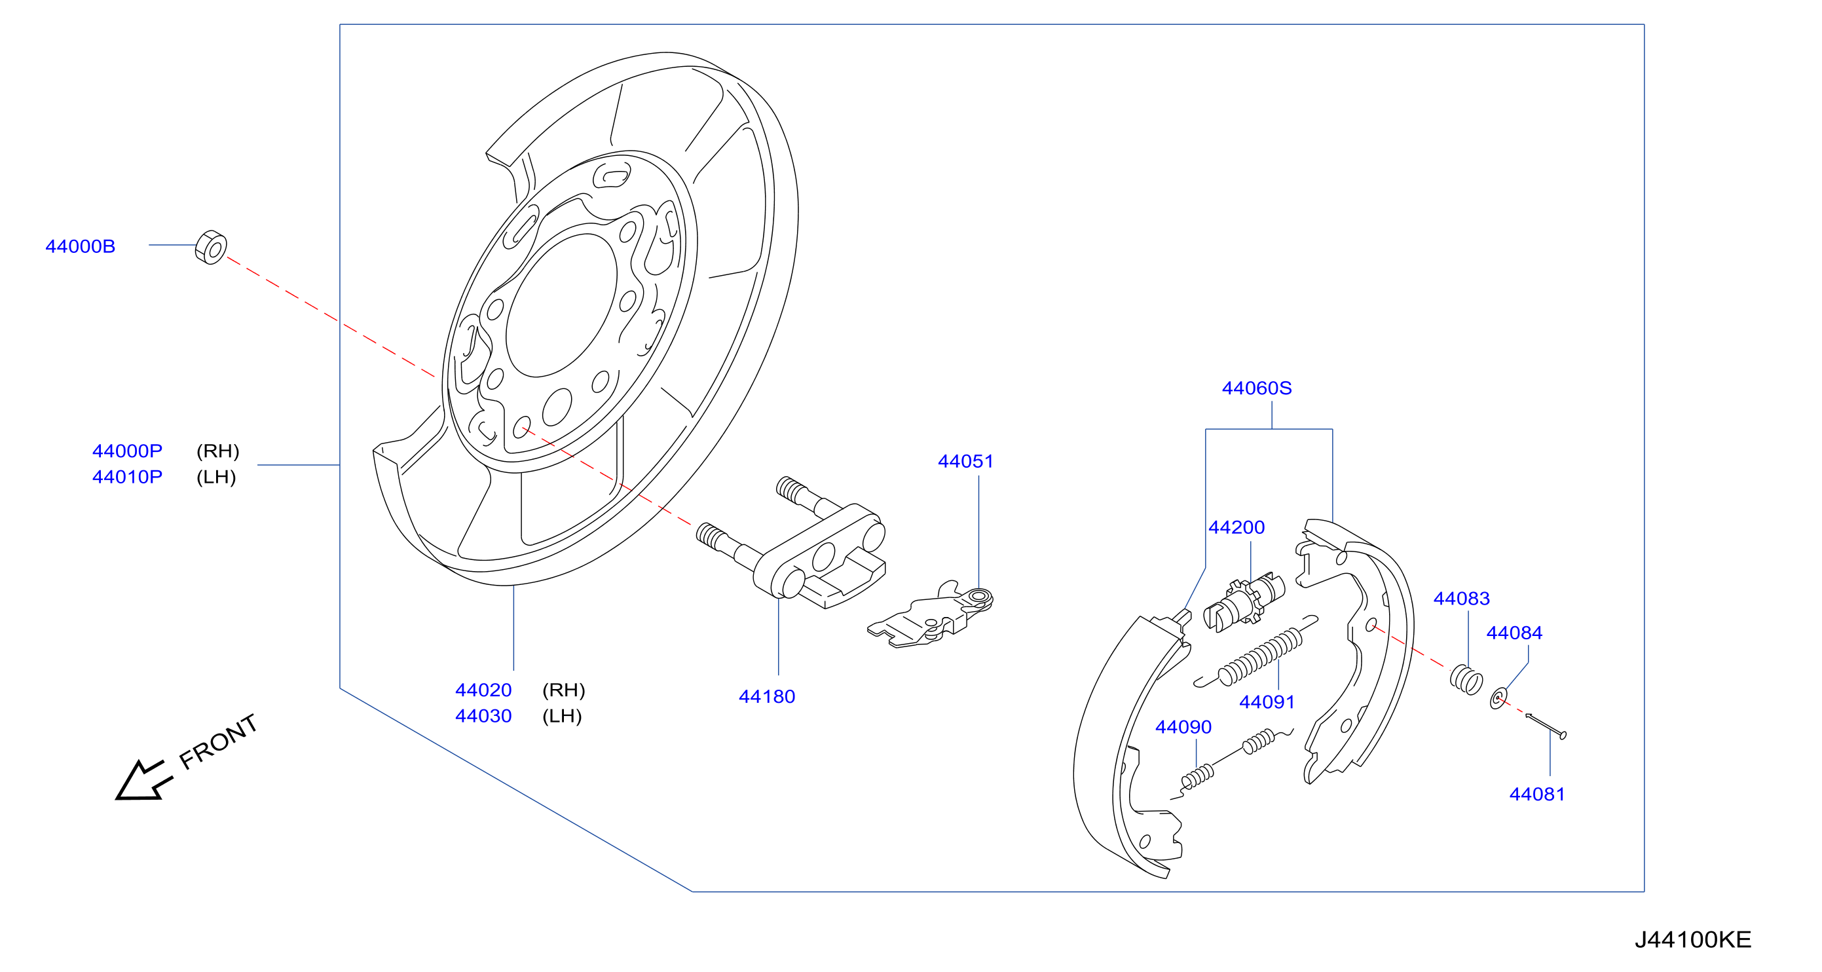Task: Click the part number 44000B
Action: [x=80, y=246]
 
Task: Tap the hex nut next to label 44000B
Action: [x=211, y=248]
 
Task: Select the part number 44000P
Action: [x=127, y=451]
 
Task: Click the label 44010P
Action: [x=127, y=477]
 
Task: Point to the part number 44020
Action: [x=483, y=690]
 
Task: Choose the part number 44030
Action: [x=483, y=716]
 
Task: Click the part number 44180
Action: [x=767, y=697]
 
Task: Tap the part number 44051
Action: [x=965, y=461]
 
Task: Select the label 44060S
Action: [x=1257, y=388]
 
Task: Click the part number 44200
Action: [x=1236, y=527]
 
